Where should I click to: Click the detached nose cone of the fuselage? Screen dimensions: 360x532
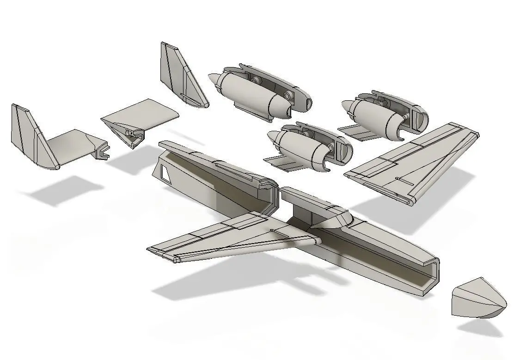(x=478, y=299)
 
